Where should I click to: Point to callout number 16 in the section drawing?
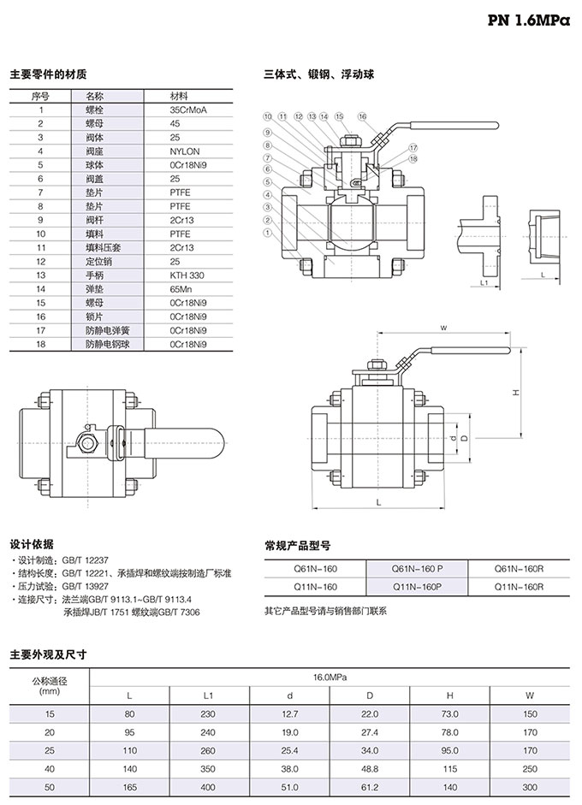coord(362,116)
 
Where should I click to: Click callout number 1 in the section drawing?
coord(267,232)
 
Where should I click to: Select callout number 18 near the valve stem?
coord(413,158)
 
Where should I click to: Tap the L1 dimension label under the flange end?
coord(484,281)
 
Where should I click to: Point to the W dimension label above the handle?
coord(444,328)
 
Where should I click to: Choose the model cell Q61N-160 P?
coord(417,567)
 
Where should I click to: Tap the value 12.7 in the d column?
coord(289,713)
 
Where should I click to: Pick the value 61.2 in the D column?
coord(370,785)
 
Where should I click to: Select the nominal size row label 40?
coord(49,767)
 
